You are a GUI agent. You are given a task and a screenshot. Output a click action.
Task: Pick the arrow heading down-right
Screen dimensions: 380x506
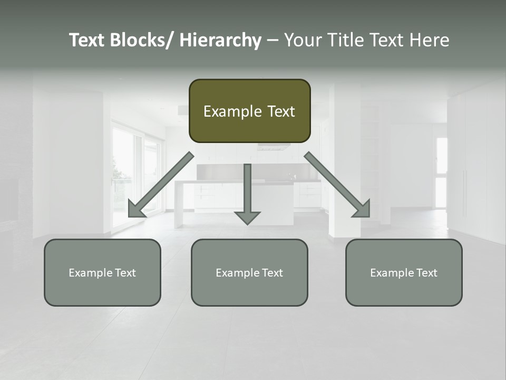(x=337, y=185)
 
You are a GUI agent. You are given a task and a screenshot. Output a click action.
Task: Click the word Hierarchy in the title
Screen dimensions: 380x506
(x=220, y=40)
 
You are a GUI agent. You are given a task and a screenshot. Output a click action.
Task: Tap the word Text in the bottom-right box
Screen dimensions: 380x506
(x=425, y=273)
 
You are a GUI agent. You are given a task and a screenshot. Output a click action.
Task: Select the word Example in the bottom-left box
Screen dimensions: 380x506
(x=90, y=273)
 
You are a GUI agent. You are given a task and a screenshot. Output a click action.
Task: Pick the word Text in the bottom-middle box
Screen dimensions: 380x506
(x=271, y=273)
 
